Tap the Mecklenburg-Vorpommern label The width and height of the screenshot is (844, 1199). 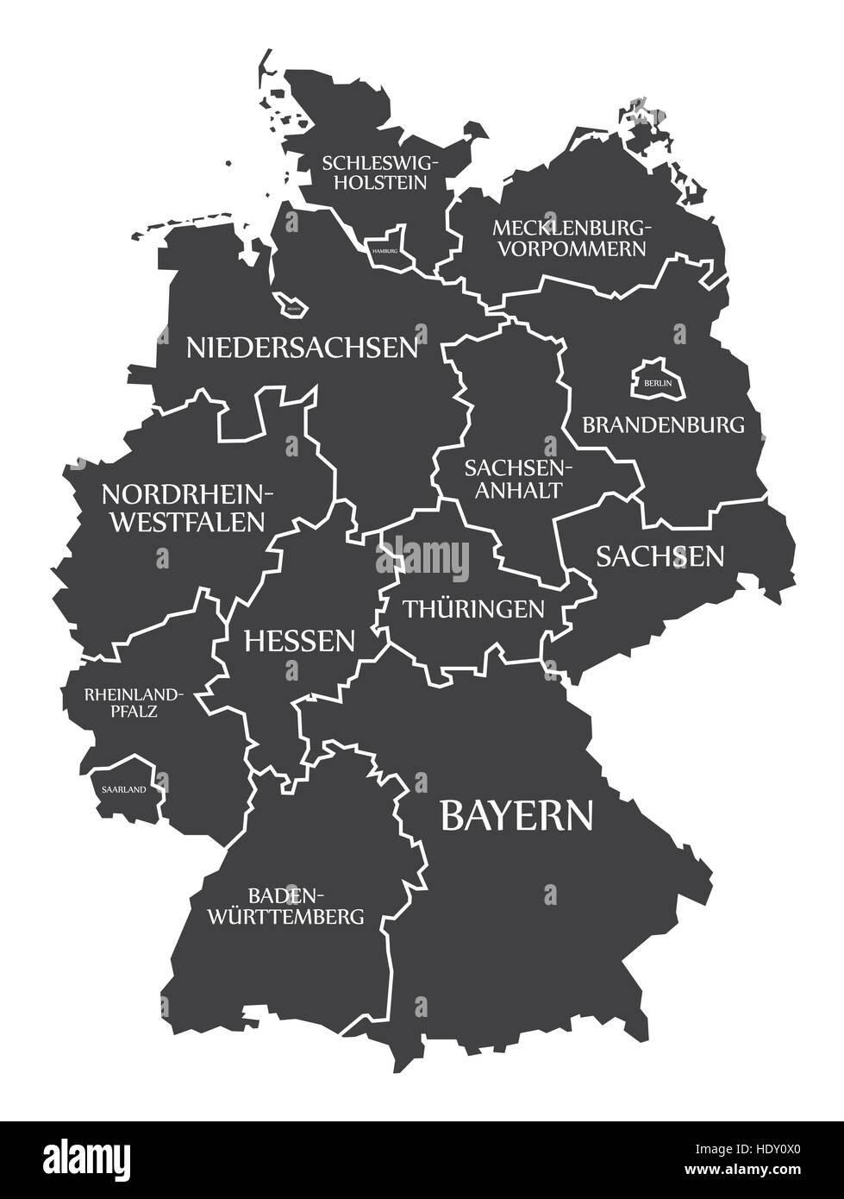click(x=569, y=238)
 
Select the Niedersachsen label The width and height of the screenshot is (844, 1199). click(x=303, y=347)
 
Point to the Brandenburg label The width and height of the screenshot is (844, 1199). click(x=663, y=424)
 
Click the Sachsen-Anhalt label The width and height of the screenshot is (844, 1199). click(x=514, y=478)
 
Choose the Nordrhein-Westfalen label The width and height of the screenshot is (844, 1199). click(x=183, y=507)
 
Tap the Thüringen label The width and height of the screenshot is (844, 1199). click(x=474, y=608)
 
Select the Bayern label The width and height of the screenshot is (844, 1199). click(x=516, y=815)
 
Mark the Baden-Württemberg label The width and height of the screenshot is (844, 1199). click(x=285, y=905)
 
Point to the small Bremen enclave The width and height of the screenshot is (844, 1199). click(x=290, y=304)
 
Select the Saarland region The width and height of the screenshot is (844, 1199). click(x=126, y=787)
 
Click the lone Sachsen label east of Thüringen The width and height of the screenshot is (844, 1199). click(x=660, y=556)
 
